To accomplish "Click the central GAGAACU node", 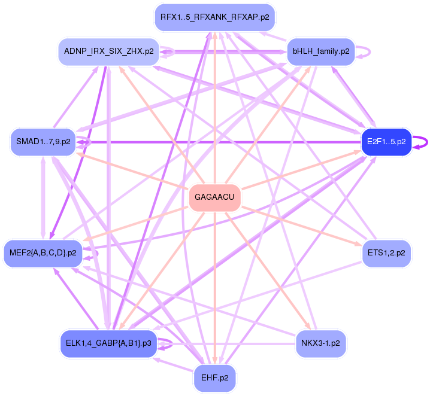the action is point(214,197).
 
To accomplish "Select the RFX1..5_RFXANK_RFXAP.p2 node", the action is point(214,17).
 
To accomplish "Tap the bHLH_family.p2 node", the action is point(320,51).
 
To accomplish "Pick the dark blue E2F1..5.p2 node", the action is point(386,142).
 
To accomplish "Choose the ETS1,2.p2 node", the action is point(386,253).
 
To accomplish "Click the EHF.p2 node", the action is point(214,378).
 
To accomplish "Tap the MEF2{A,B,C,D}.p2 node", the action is point(43,253).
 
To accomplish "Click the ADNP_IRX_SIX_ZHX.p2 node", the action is point(108,51).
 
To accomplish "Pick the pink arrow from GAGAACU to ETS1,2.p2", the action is point(299,226).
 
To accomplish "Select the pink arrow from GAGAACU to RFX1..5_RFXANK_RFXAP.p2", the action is point(214,108).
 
